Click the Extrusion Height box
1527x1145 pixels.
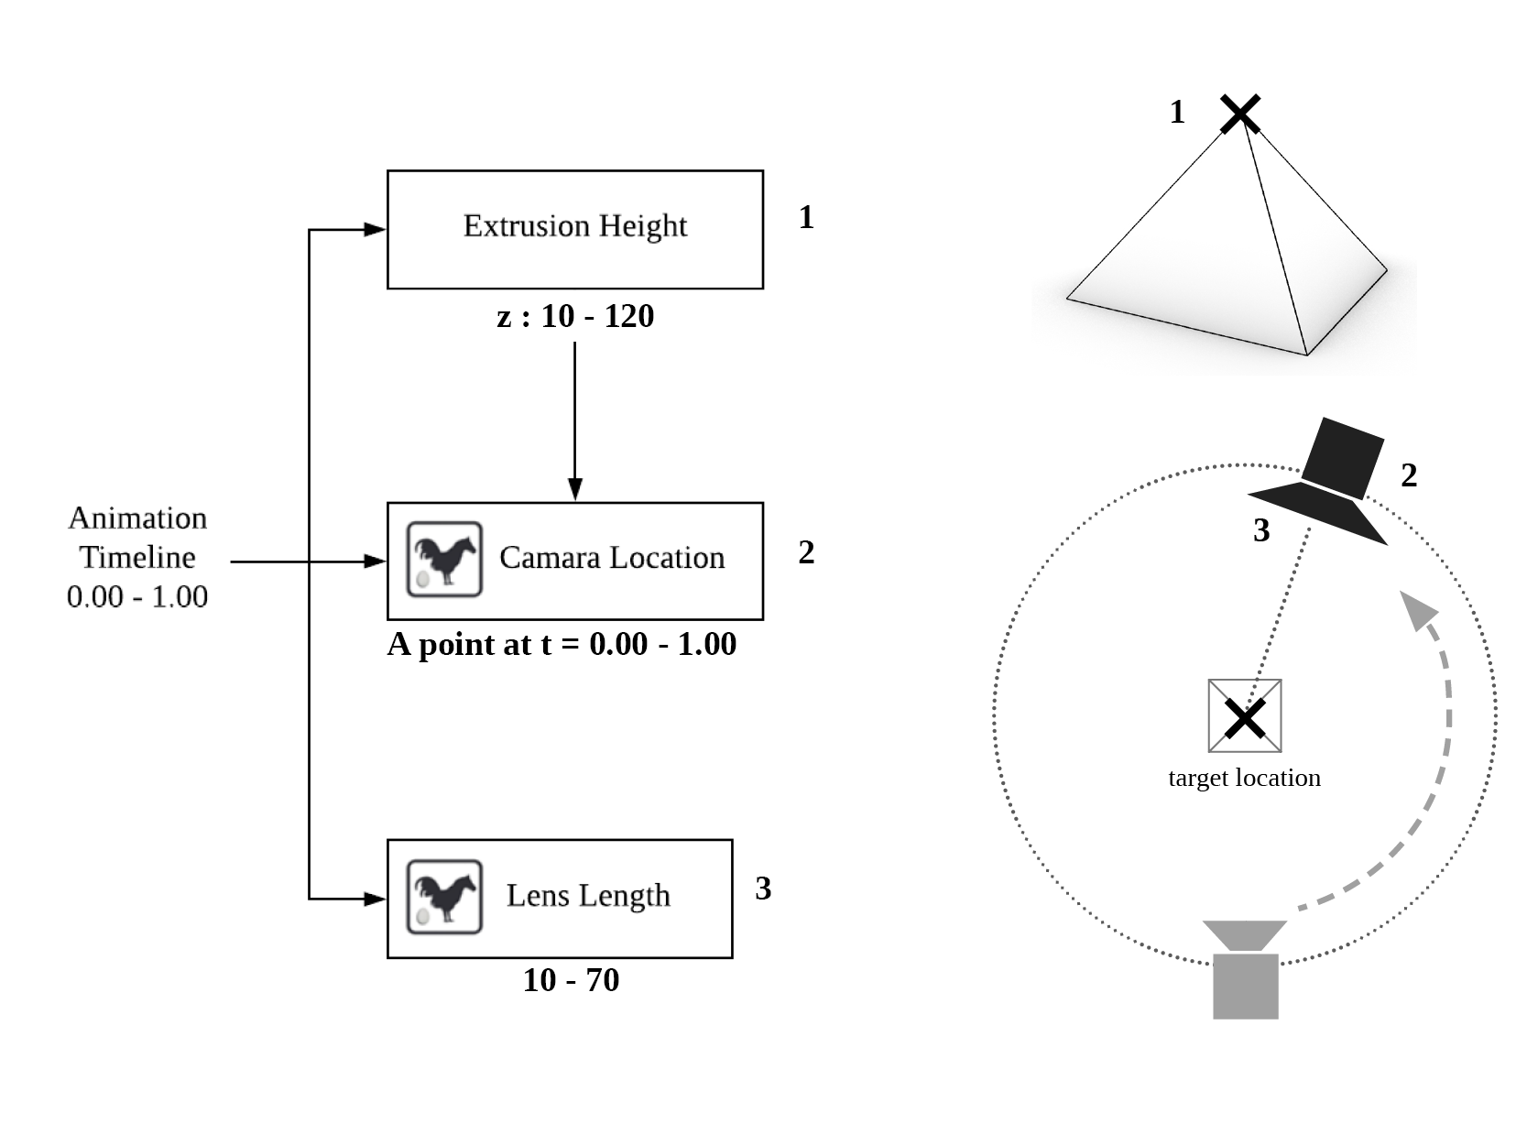574,229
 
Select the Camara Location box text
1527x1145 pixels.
611,558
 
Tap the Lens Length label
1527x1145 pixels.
588,895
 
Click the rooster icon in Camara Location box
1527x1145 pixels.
444,559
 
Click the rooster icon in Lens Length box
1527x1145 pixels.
444,897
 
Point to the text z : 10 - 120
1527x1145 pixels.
575,316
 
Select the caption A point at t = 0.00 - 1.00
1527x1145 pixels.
562,644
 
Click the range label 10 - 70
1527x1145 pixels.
571,980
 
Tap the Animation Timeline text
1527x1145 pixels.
137,557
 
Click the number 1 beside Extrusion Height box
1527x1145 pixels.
806,217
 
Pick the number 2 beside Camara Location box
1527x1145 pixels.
806,552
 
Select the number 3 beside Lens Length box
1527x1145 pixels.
763,889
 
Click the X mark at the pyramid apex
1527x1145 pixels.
1240,114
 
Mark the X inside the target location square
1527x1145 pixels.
1245,718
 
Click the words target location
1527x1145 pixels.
1244,778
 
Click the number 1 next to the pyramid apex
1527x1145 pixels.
1178,112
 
